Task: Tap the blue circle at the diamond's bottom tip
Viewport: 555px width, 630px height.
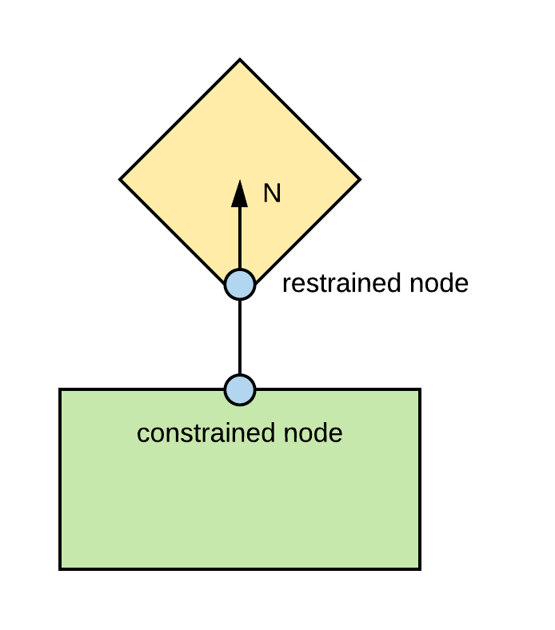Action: pos(240,285)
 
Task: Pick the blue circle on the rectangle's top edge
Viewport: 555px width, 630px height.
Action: pos(240,389)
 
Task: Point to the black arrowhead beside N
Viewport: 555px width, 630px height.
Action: pos(240,193)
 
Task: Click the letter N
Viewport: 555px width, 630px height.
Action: pos(272,193)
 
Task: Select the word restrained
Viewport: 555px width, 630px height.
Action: pos(341,283)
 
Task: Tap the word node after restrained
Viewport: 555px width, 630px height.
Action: pos(439,283)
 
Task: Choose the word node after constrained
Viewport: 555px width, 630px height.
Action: pos(313,433)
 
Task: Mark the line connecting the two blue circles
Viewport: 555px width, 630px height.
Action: pos(240,337)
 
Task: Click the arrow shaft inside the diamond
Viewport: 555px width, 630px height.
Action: pos(240,238)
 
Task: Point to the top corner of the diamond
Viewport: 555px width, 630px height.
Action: pos(240,59)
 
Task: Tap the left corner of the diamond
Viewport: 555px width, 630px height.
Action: pos(120,179)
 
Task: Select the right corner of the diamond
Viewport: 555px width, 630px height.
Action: pos(360,179)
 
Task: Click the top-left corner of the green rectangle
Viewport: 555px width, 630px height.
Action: pos(60,389)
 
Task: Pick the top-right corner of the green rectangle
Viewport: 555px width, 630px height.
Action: pos(421,389)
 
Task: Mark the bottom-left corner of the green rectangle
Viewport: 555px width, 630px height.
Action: pos(60,569)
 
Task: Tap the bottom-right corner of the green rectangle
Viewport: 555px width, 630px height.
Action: pos(421,569)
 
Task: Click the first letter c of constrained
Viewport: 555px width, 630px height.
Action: pos(142,436)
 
